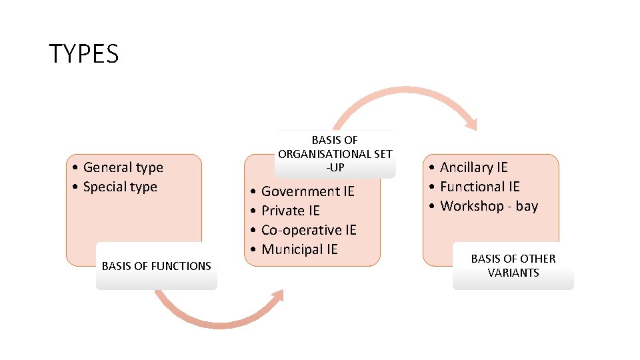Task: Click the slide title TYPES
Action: coord(83,53)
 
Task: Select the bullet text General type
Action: coord(123,167)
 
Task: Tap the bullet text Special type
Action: coord(120,187)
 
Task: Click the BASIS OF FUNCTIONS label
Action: coord(156,266)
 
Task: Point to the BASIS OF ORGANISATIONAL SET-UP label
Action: coord(335,153)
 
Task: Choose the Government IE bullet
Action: coord(307,191)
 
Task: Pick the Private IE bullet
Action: coord(290,211)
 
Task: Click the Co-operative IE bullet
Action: coord(309,230)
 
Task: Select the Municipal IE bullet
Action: coord(299,249)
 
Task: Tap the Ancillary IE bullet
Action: coord(473,167)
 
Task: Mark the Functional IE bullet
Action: coord(479,187)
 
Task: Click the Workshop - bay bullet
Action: coord(489,206)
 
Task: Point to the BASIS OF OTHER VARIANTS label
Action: coord(513,265)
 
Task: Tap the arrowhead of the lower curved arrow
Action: coord(278,295)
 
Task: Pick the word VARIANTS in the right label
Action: coord(513,273)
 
